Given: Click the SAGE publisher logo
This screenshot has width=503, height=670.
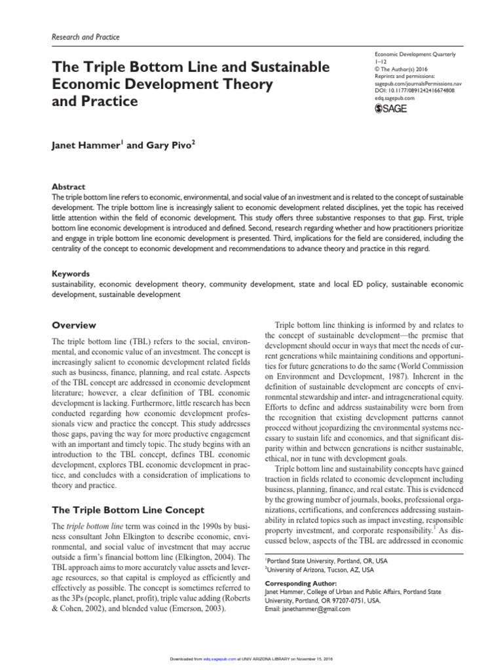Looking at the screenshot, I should click(390, 109).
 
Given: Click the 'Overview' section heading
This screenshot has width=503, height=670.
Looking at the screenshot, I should click(74, 325).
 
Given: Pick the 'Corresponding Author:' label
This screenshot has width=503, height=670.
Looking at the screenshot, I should click(301, 583).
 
